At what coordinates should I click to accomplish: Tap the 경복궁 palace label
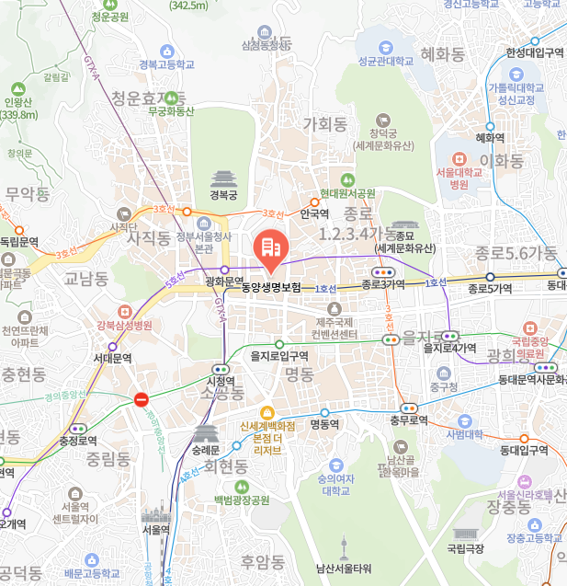click(x=223, y=195)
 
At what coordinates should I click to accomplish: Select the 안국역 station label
click(x=314, y=213)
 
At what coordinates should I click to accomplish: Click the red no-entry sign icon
click(x=141, y=399)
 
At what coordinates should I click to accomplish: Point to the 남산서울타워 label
click(x=343, y=568)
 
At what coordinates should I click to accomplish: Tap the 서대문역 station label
click(x=112, y=358)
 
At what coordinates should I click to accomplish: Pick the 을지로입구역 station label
click(x=279, y=355)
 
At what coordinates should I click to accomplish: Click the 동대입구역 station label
click(x=524, y=450)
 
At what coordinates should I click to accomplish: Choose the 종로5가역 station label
click(x=489, y=289)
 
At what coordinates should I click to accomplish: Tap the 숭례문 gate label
click(x=206, y=451)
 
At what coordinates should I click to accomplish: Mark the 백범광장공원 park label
click(x=242, y=500)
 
